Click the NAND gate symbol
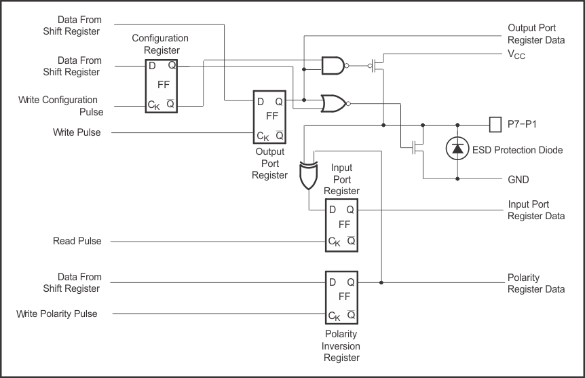click(332, 66)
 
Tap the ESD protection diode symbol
click(457, 149)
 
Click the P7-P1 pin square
click(495, 125)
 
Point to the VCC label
click(516, 56)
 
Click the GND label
click(518, 180)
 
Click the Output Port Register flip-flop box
click(269, 117)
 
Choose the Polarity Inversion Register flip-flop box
click(341, 297)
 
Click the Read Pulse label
click(77, 241)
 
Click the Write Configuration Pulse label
click(58, 106)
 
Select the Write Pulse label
click(77, 132)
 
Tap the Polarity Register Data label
click(535, 284)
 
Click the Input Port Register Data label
click(536, 210)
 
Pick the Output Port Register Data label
click(536, 34)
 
